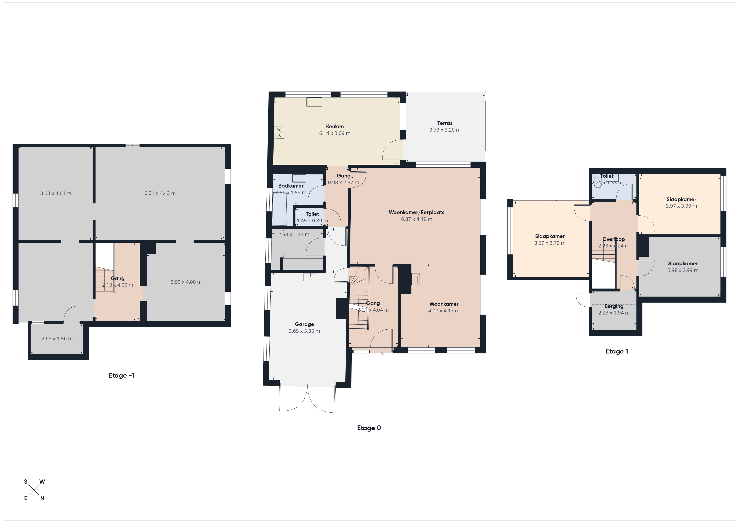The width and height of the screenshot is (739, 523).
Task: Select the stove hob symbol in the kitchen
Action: click(279, 133)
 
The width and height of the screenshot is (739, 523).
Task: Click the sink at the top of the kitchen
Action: click(314, 102)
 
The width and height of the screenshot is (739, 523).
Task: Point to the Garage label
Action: click(304, 324)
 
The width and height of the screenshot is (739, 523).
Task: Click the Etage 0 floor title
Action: click(369, 428)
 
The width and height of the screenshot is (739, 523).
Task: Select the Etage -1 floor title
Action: click(122, 375)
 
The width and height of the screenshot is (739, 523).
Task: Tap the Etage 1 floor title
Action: click(617, 351)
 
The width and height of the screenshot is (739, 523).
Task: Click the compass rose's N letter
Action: click(42, 498)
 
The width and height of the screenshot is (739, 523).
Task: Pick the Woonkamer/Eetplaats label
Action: click(416, 212)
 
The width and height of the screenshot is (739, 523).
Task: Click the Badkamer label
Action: click(291, 186)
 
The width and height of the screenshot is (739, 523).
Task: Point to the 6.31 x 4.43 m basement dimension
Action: click(160, 193)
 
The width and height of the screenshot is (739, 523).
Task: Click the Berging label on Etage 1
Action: click(614, 306)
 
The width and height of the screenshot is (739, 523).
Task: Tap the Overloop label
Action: click(614, 239)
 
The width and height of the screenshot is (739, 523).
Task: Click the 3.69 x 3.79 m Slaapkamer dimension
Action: click(550, 243)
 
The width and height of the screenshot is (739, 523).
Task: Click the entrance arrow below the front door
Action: click(381, 354)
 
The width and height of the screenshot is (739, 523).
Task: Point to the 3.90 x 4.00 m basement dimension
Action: click(186, 282)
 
